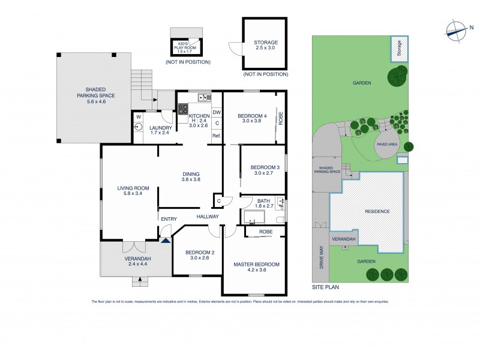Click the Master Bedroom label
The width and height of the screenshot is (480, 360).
point(256,265)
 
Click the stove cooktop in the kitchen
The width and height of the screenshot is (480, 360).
point(183,109)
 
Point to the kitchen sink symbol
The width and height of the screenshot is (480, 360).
point(204,97)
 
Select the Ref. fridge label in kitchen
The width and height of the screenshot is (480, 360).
point(217,136)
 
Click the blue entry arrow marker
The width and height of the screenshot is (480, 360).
point(165,240)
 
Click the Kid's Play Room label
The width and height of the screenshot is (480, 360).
point(185,46)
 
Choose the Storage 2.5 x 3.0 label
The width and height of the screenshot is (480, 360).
point(265,46)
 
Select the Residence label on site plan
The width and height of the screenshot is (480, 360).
point(377,211)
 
